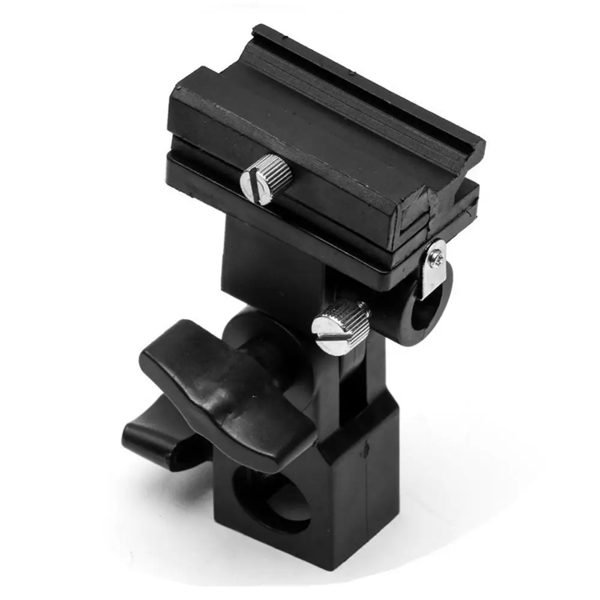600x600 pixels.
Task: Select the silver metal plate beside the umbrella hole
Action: (x=434, y=267)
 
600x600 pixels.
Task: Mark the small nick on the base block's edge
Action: (x=364, y=447)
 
